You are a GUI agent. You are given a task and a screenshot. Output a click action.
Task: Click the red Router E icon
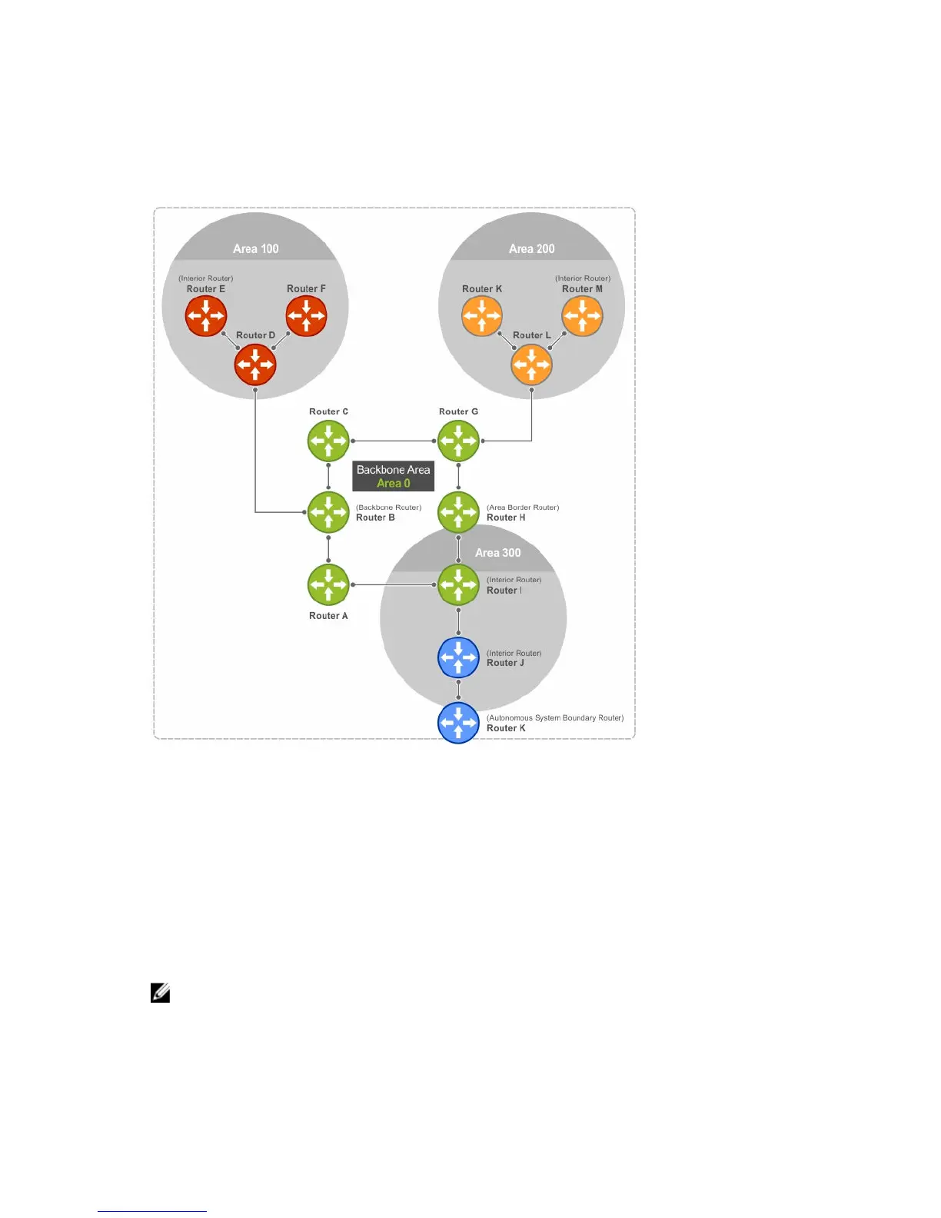pos(206,315)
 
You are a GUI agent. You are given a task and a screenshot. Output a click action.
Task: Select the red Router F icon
pos(306,315)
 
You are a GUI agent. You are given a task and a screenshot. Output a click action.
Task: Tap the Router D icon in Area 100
pos(255,364)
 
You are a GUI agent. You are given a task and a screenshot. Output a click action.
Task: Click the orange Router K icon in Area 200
pos(482,315)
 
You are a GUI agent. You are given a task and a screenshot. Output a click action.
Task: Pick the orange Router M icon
pos(582,315)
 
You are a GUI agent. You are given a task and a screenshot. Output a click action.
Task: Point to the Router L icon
pos(531,364)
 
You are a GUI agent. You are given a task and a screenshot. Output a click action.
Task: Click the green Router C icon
pos(328,441)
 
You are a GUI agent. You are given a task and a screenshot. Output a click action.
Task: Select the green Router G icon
pos(458,441)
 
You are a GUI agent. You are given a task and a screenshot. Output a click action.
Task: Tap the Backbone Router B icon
pos(328,512)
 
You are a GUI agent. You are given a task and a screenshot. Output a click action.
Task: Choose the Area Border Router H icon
pos(458,512)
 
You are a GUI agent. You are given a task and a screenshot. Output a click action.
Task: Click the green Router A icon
pos(328,584)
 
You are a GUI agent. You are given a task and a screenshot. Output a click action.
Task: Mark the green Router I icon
pos(458,584)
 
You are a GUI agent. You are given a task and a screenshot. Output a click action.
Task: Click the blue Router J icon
pos(458,657)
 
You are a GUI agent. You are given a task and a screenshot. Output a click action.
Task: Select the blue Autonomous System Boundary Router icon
pos(458,723)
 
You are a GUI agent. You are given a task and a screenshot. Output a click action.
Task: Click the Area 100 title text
pos(256,248)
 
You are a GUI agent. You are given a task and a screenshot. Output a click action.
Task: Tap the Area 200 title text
pos(531,248)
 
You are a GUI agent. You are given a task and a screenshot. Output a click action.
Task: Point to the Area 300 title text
pos(497,552)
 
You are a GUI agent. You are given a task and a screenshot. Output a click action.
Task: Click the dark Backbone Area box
pos(393,476)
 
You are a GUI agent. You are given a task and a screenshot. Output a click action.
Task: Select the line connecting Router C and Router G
pos(393,441)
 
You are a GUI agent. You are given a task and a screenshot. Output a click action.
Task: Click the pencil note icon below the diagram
pos(160,993)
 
